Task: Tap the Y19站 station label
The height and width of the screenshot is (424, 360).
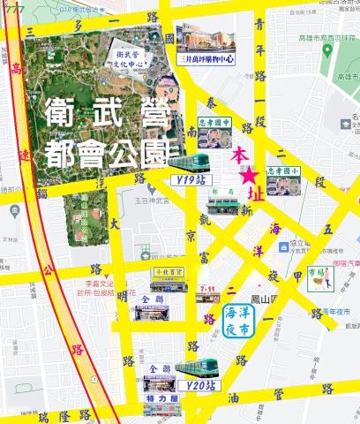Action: [x=187, y=180]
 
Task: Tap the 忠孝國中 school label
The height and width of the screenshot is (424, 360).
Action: [x=215, y=124]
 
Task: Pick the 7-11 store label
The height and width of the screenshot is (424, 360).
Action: [x=208, y=288]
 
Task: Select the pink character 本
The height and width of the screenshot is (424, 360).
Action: [x=239, y=155]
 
